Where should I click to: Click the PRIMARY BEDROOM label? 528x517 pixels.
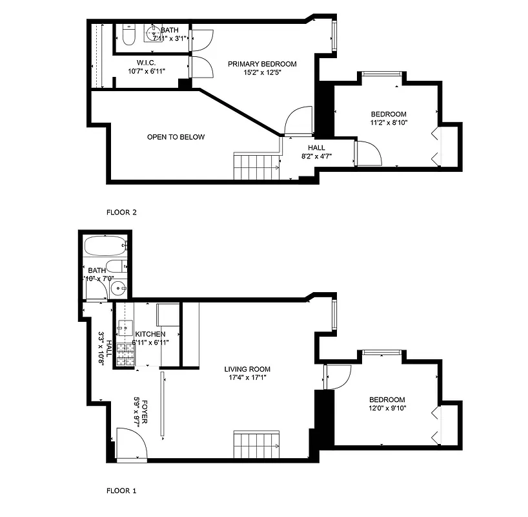(x=262, y=64)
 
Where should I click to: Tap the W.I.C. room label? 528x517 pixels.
(x=147, y=63)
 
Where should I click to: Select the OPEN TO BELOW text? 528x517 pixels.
(x=176, y=137)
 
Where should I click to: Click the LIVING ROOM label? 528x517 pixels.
(x=247, y=369)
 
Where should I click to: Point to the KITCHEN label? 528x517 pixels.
(x=150, y=334)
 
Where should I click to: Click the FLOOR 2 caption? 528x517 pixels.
(x=121, y=212)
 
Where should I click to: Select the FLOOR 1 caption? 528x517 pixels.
(x=121, y=491)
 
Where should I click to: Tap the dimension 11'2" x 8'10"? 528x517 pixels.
(x=389, y=122)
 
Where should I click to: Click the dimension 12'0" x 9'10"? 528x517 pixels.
(x=387, y=408)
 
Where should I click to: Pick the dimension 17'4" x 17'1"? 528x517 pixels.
(x=247, y=377)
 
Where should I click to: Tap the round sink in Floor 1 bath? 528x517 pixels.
(x=117, y=289)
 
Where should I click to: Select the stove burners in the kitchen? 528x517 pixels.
(x=127, y=355)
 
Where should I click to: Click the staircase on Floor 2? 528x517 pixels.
(x=256, y=167)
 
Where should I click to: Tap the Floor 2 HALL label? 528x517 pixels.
(x=316, y=148)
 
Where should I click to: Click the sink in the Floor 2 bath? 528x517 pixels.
(x=154, y=34)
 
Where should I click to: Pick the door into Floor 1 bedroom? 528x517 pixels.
(x=337, y=377)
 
